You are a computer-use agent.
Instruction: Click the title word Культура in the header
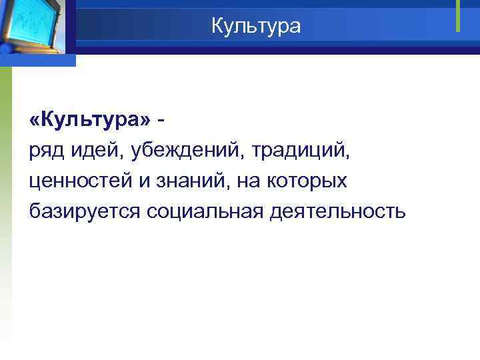tap(256, 26)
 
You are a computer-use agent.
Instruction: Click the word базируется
tap(85, 211)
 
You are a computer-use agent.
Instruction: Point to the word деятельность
tap(338, 211)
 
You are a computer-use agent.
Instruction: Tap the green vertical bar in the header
tap(458, 16)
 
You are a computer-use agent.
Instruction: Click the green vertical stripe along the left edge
tap(5, 213)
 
